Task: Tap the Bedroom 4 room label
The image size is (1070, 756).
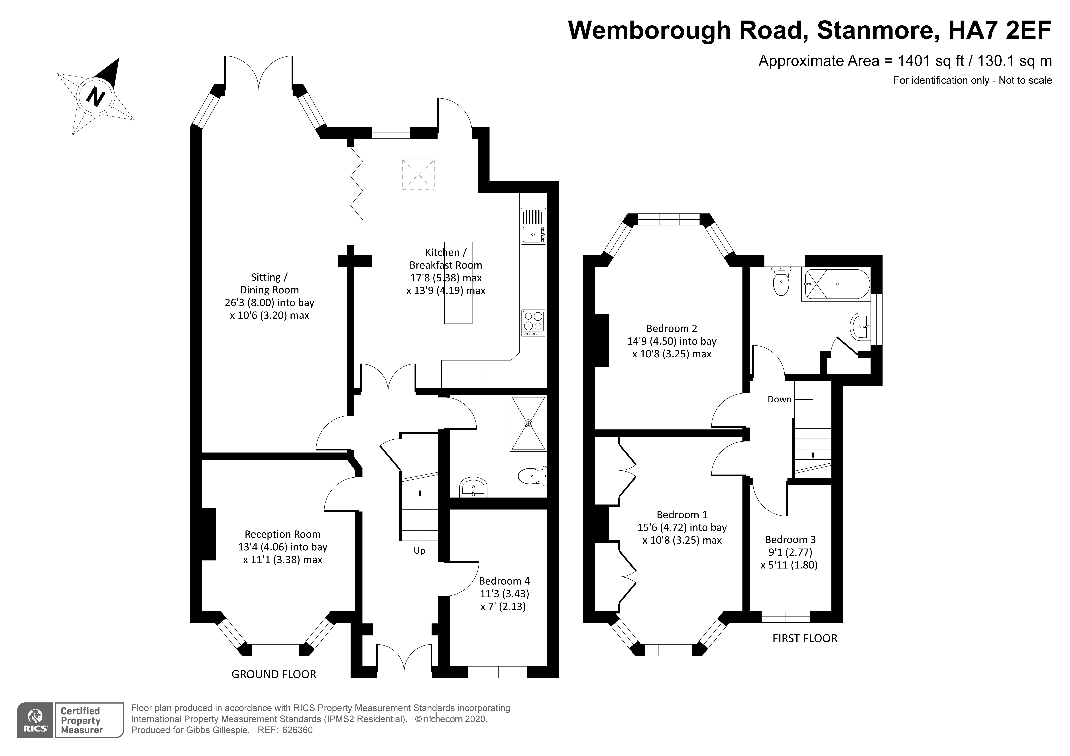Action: [504, 581]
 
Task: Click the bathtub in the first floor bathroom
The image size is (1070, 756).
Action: [835, 284]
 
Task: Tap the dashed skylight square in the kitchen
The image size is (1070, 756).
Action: [418, 174]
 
